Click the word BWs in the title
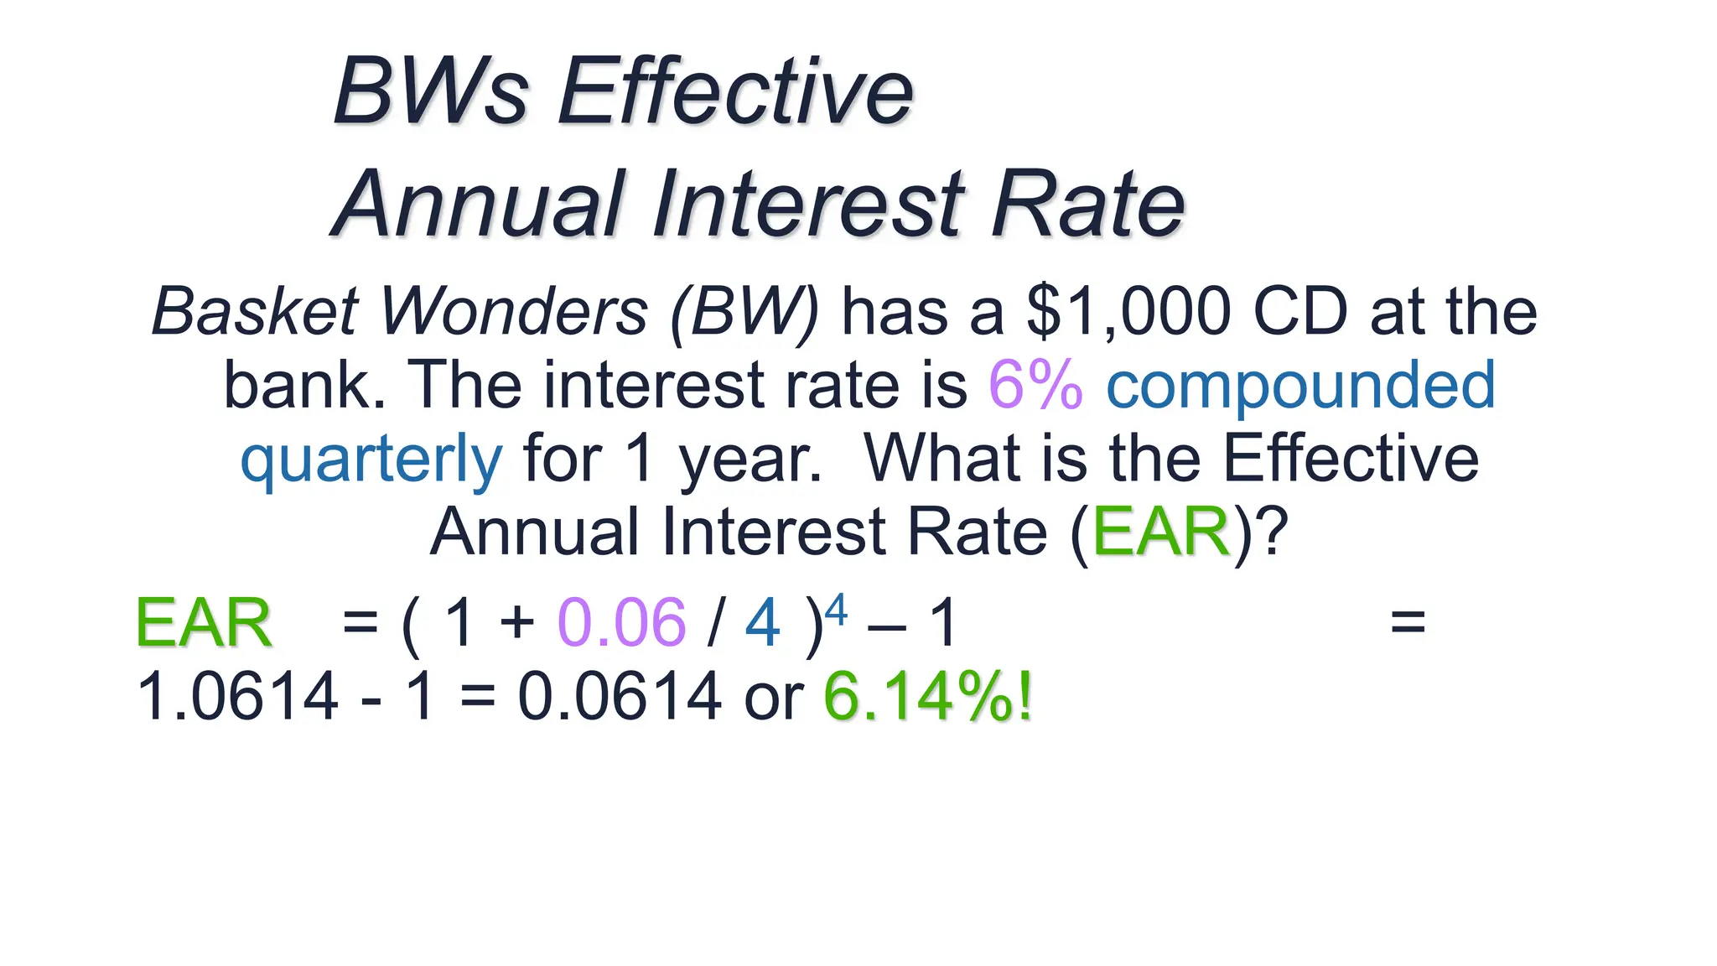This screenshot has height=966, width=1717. pyautogui.click(x=431, y=91)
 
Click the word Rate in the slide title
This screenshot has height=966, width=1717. pyautogui.click(x=1087, y=204)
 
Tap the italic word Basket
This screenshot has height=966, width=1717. pyautogui.click(x=255, y=311)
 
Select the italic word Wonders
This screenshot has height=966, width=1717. pyautogui.click(x=514, y=311)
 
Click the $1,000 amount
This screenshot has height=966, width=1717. pyautogui.click(x=1128, y=311)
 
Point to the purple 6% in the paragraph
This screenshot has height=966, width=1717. pyautogui.click(x=1035, y=385)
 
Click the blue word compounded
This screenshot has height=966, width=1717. pyautogui.click(x=1300, y=385)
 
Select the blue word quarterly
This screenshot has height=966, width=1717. pyautogui.click(x=371, y=459)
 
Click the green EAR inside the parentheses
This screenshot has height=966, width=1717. pyautogui.click(x=1161, y=532)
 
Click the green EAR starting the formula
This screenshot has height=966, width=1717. pyautogui.click(x=204, y=623)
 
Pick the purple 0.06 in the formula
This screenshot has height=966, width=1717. pyautogui.click(x=621, y=623)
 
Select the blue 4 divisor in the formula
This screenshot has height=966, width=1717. pyautogui.click(x=762, y=623)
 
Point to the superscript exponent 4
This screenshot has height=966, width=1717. pyautogui.click(x=837, y=608)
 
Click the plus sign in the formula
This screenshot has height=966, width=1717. pyautogui.click(x=516, y=623)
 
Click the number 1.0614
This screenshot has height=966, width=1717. pyautogui.click(x=237, y=696)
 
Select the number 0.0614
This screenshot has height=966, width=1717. pyautogui.click(x=619, y=696)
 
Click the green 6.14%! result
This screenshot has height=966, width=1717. pyautogui.click(x=928, y=696)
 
